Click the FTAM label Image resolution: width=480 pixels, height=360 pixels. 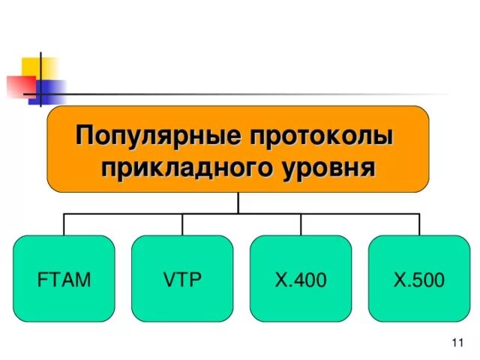(x=64, y=280)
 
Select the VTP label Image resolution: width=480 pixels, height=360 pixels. (x=182, y=280)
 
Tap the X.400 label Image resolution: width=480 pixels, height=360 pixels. (x=301, y=280)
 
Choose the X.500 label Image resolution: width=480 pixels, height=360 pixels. (x=418, y=280)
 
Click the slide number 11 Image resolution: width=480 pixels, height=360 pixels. (x=458, y=343)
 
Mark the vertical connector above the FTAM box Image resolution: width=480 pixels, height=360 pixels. (x=64, y=224)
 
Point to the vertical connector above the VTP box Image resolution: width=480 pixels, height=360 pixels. (x=182, y=224)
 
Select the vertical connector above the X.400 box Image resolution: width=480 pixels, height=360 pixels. (x=301, y=224)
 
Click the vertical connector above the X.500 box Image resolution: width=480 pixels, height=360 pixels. (x=419, y=224)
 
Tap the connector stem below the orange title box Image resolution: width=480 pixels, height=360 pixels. (x=238, y=202)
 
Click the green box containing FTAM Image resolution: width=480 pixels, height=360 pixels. (x=64, y=300)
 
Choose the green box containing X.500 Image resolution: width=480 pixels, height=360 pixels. (x=418, y=300)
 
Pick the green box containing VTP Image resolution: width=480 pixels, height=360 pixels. (x=182, y=300)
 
